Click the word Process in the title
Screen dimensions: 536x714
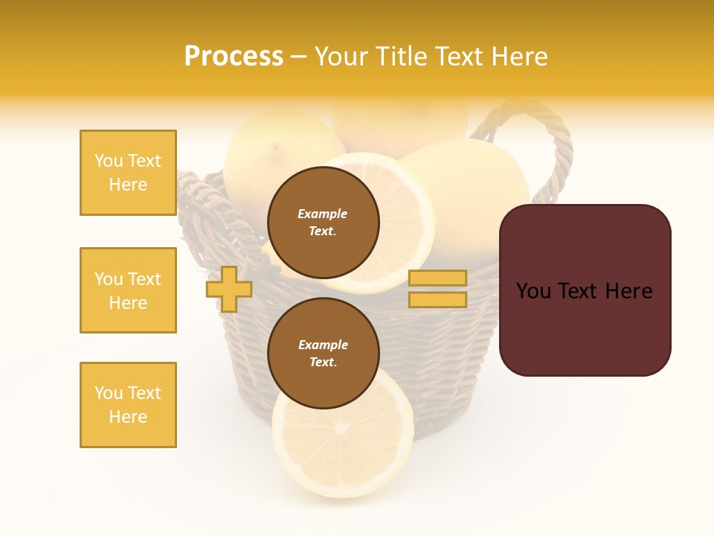pyautogui.click(x=234, y=57)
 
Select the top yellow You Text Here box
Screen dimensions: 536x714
pyautogui.click(x=128, y=173)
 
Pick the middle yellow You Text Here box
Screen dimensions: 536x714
pyautogui.click(x=128, y=290)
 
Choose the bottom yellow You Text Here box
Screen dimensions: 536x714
pyautogui.click(x=128, y=405)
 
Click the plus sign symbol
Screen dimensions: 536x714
pyautogui.click(x=229, y=289)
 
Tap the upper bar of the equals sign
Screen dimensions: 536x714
pyautogui.click(x=438, y=278)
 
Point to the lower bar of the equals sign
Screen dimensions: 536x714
pyautogui.click(x=438, y=300)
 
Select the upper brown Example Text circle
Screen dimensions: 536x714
pyautogui.click(x=323, y=222)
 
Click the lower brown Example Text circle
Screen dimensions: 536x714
pyautogui.click(x=323, y=353)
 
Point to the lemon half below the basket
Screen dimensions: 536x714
pyautogui.click(x=342, y=447)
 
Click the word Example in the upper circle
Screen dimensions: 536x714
pyautogui.click(x=323, y=214)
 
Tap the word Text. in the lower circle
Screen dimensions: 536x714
pyautogui.click(x=323, y=362)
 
